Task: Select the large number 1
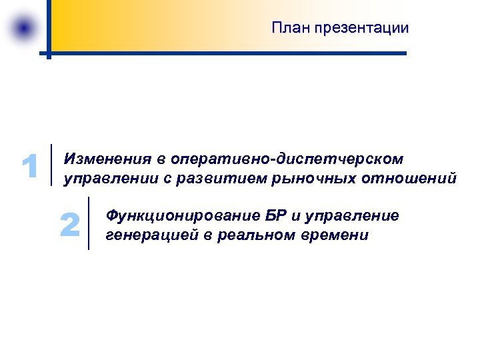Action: coord(29,167)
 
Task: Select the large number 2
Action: coord(69,225)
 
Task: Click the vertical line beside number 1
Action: coord(52,164)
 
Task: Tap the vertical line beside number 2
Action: coord(89,223)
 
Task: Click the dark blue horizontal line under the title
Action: coord(227,53)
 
